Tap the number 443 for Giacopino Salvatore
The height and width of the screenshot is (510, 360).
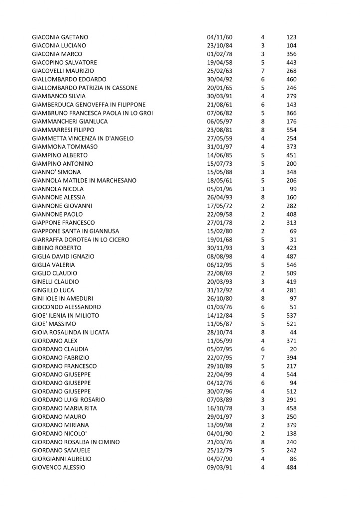[x=291, y=63]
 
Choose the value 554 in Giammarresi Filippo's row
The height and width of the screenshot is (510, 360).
[x=291, y=130]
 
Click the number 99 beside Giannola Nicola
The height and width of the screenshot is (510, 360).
[x=293, y=189]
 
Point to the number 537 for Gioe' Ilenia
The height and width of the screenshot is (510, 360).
[x=291, y=315]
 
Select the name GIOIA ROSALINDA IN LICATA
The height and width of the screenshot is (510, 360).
[x=70, y=332]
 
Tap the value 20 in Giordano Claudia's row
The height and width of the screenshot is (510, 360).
[x=293, y=349]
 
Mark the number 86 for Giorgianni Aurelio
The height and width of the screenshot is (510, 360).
[x=293, y=459]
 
